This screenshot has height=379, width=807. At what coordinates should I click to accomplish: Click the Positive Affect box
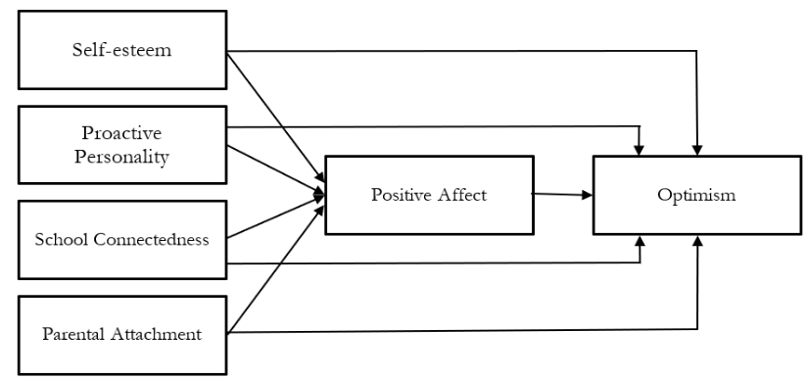point(428,194)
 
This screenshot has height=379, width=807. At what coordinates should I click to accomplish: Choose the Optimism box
point(696,194)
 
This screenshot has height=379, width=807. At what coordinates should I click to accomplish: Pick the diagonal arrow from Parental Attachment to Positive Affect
point(274,264)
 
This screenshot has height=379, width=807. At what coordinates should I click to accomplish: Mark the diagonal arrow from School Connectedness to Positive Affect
point(274,218)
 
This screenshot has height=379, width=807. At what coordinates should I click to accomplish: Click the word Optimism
point(696,194)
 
